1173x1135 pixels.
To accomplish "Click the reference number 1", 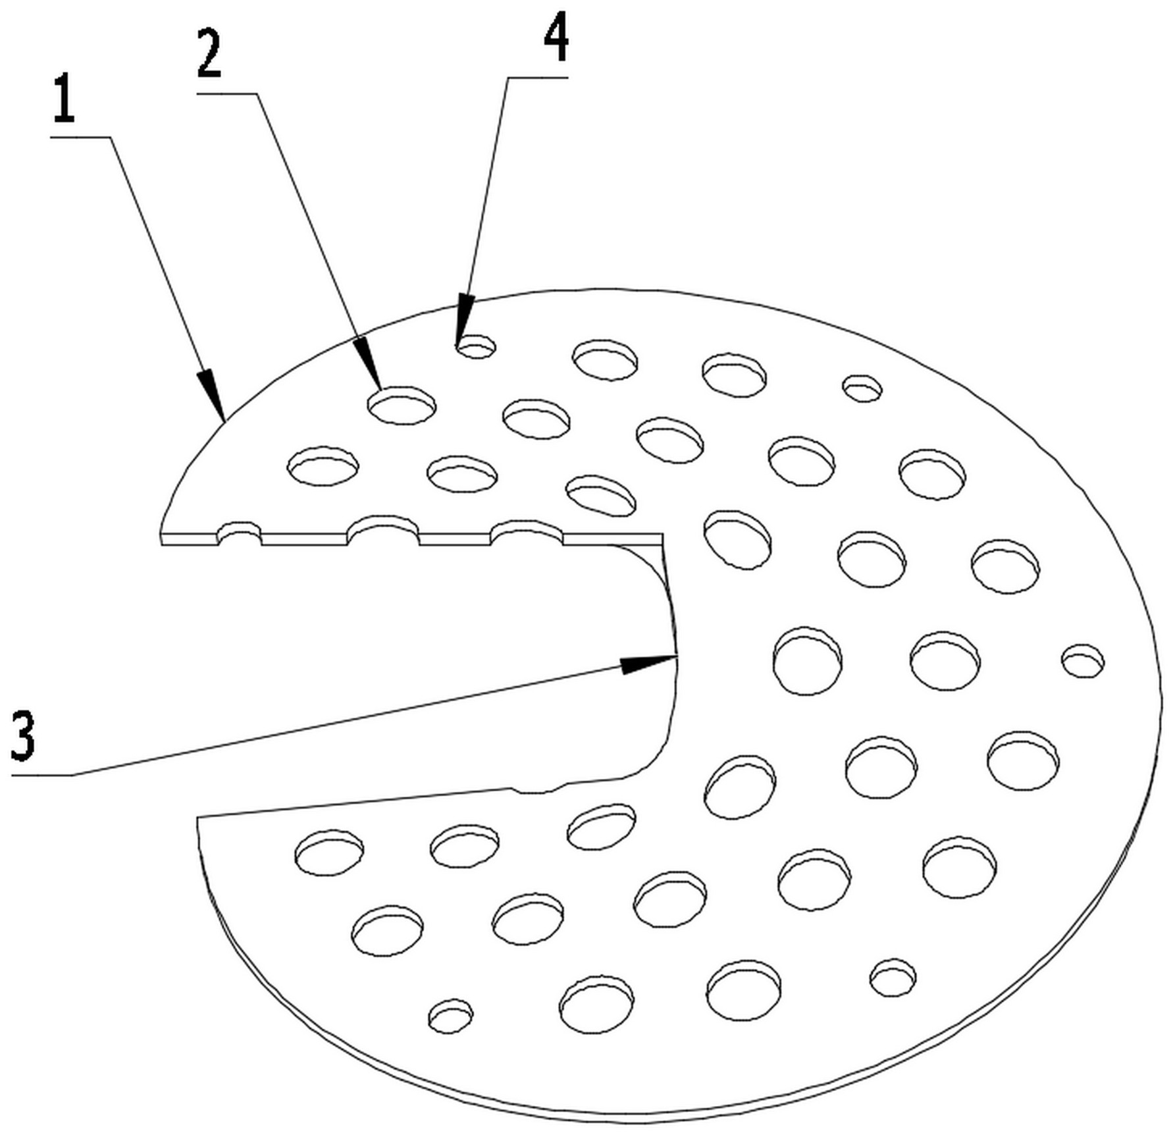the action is tap(64, 100).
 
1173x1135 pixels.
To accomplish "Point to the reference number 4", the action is tap(556, 38).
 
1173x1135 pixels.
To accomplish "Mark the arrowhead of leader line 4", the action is tap(464, 320).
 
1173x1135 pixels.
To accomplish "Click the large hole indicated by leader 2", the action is tap(402, 405).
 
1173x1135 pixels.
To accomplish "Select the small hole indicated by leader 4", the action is tap(477, 346).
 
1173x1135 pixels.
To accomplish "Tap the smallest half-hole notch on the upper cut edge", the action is tap(240, 532).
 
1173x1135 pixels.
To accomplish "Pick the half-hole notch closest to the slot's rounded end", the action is tap(527, 532).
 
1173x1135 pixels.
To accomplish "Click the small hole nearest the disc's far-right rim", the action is tap(1083, 660).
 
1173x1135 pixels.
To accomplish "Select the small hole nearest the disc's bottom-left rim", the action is tap(450, 1015).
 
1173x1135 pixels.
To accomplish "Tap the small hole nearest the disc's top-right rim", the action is tap(863, 388).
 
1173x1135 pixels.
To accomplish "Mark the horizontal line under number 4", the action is tap(538, 78).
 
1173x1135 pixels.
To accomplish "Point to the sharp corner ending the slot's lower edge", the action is tap(197, 818).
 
